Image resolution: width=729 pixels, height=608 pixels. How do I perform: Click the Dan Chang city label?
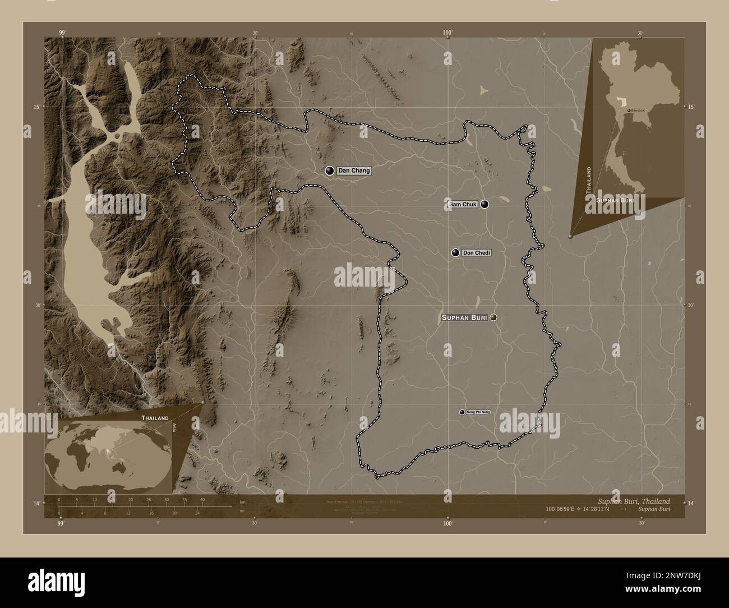[x=354, y=171]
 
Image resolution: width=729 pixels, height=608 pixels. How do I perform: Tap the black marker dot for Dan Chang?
[x=329, y=171]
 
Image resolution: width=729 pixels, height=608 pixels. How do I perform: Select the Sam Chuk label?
[x=463, y=205]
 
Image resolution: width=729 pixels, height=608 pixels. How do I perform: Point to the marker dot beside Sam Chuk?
[x=485, y=205]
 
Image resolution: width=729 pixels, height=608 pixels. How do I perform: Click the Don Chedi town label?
[x=476, y=253]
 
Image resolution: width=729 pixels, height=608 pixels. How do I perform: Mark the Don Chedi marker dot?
[x=455, y=253]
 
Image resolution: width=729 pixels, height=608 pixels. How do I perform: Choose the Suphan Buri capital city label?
[x=464, y=317]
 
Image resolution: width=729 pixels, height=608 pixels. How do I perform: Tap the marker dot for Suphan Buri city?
[x=493, y=317]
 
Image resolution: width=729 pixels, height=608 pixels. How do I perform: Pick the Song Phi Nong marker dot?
[x=462, y=412]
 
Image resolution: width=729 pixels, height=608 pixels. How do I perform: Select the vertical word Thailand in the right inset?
[x=589, y=180]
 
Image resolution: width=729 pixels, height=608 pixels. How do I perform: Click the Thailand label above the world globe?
[x=155, y=418]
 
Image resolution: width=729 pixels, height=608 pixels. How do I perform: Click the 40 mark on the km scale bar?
[x=202, y=500]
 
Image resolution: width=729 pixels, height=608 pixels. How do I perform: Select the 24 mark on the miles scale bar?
[x=197, y=513]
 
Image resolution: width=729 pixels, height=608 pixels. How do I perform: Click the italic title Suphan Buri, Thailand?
[x=631, y=501]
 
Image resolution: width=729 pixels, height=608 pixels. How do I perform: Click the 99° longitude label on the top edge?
[x=62, y=33]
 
